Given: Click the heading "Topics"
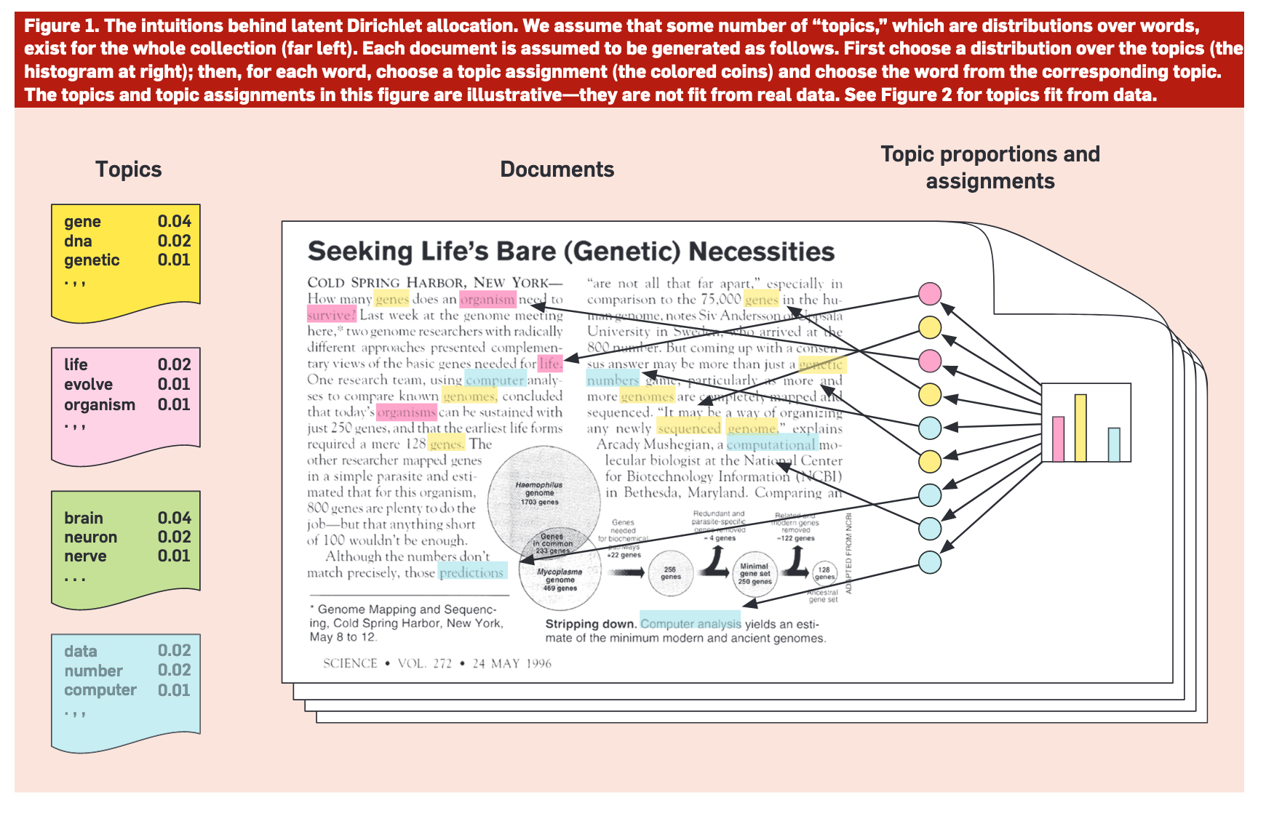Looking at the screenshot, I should [x=128, y=169].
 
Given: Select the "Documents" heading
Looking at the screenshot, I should [x=557, y=169].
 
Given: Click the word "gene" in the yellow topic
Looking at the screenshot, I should [x=82, y=222].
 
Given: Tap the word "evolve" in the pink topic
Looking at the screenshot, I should [x=88, y=385].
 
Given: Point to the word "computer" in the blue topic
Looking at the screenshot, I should [x=100, y=690].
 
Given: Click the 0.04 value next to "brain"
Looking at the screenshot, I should [x=174, y=518].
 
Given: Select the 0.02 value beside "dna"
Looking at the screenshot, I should [x=174, y=241].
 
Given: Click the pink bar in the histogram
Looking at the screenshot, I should [x=1058, y=439].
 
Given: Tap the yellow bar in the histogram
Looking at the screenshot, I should [x=1080, y=428].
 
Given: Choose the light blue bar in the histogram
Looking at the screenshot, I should [x=1114, y=444].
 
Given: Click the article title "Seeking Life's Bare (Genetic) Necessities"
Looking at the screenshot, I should [x=570, y=252].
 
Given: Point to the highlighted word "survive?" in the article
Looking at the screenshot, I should [x=331, y=315].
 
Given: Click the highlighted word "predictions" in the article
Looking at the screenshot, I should [x=471, y=572].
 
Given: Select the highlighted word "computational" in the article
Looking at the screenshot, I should [x=771, y=444].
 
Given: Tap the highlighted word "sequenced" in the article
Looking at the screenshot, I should [x=688, y=428].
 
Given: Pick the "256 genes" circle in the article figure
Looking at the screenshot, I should [x=670, y=573].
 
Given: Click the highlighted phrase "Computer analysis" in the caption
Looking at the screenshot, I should [x=690, y=623].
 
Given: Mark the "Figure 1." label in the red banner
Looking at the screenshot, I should [x=61, y=26].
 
